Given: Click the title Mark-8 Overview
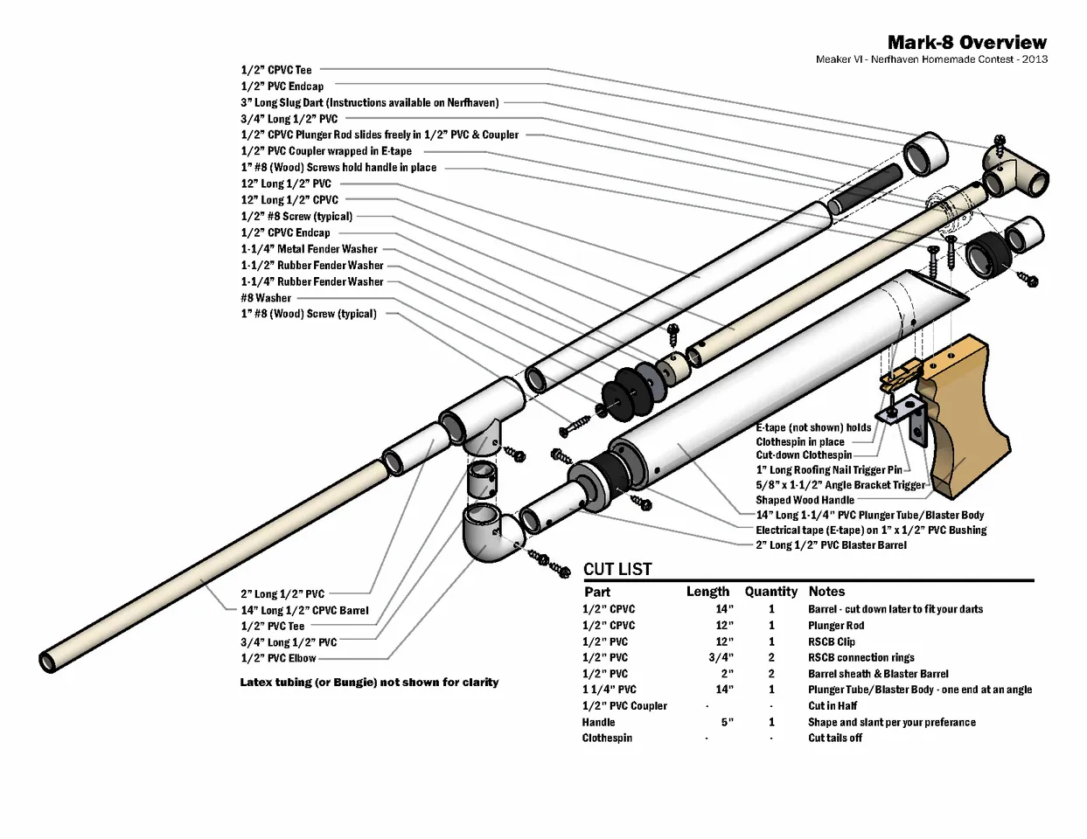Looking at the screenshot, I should click(966, 42).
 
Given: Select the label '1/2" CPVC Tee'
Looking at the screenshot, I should click(276, 70).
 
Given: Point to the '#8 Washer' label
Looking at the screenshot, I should click(266, 298).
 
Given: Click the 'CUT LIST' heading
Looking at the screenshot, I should click(617, 569).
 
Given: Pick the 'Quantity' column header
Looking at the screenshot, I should click(770, 592).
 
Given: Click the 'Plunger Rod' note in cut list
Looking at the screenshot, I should click(836, 626).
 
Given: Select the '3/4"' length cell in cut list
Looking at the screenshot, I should click(721, 658).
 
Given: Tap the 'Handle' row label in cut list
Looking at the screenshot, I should click(598, 723).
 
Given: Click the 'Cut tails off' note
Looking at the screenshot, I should click(834, 738).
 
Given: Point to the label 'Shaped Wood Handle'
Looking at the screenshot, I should click(805, 500).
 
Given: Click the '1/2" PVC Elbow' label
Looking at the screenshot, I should click(278, 658).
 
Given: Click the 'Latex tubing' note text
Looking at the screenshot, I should click(369, 682).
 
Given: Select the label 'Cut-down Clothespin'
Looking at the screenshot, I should click(803, 455).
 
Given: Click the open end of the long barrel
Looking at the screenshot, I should click(49, 661).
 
